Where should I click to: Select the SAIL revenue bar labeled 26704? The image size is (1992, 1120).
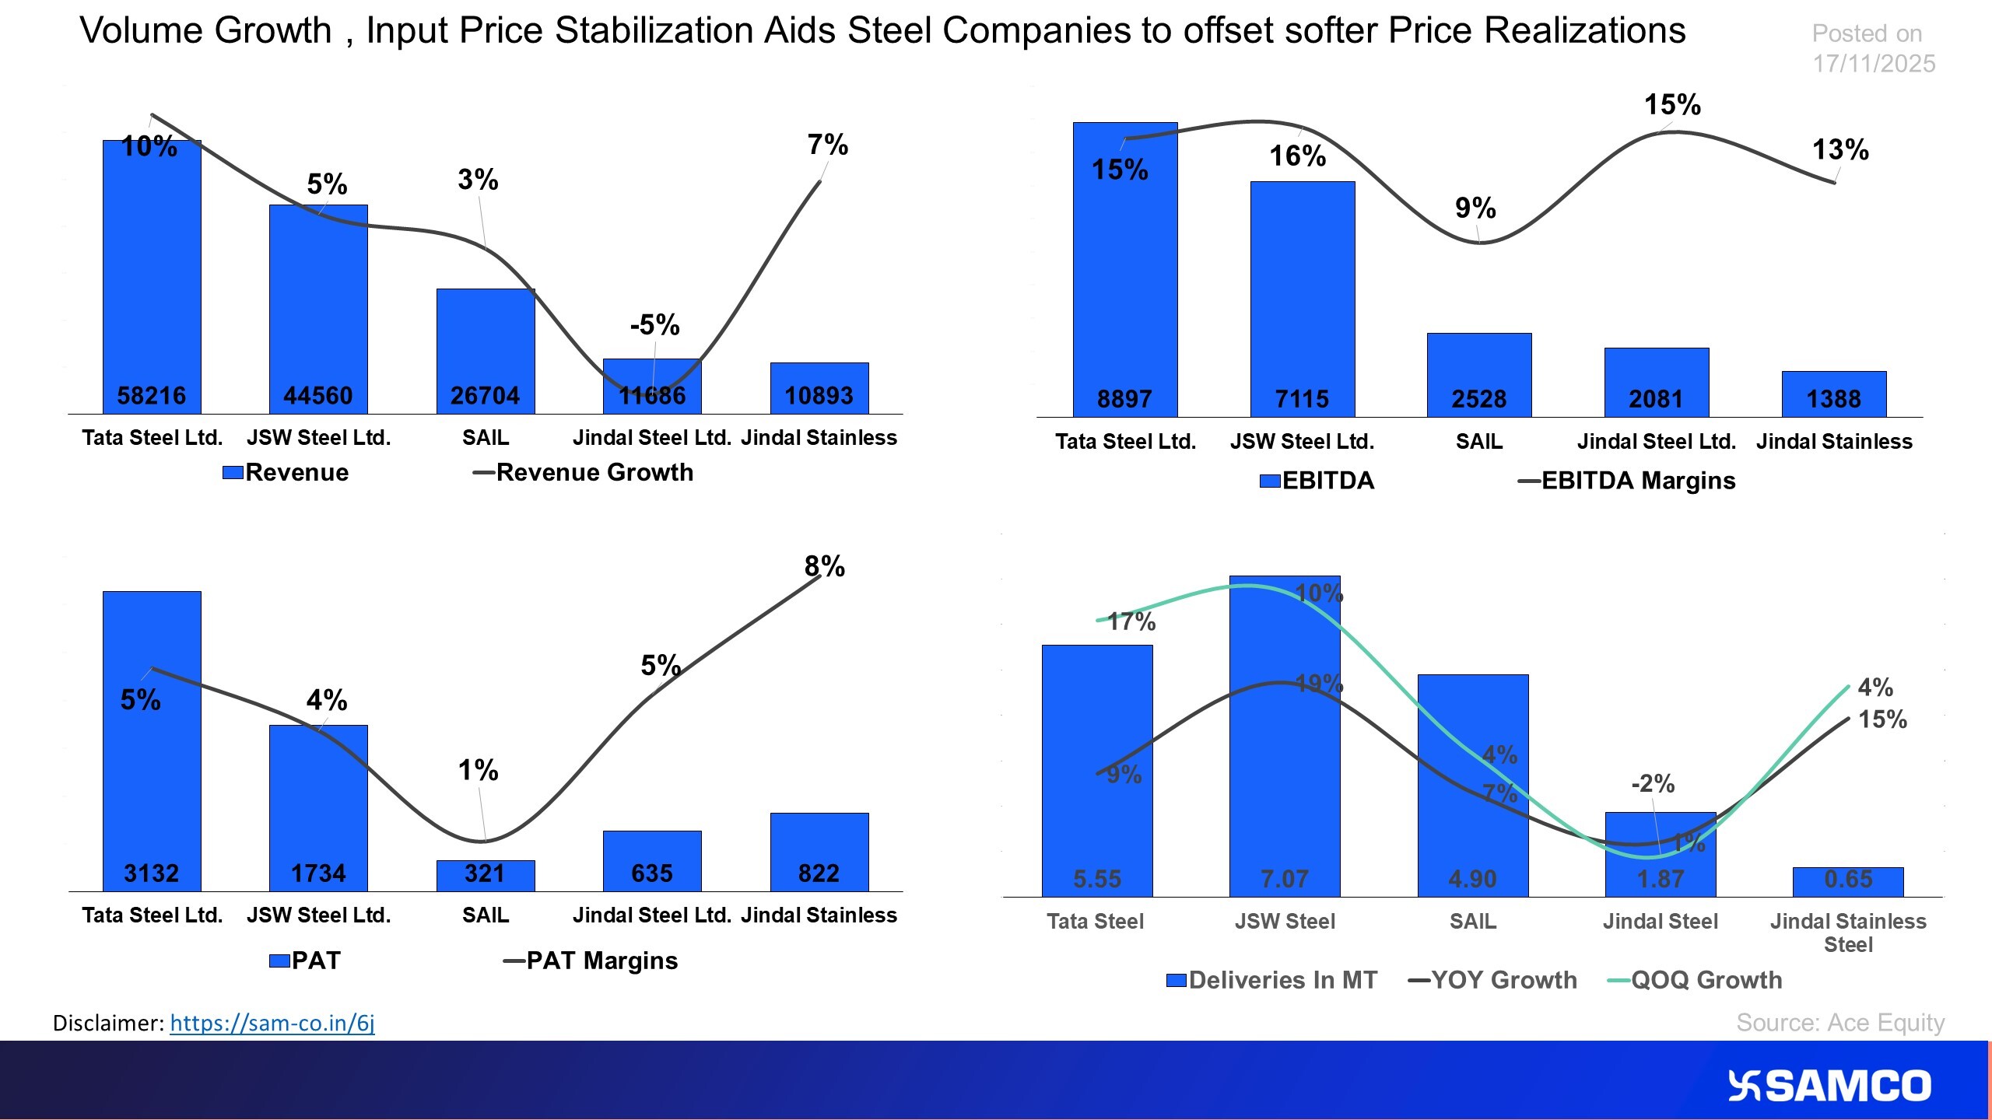tap(485, 350)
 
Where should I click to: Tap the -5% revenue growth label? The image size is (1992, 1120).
tap(654, 324)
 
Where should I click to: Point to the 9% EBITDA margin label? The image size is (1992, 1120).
tap(1475, 208)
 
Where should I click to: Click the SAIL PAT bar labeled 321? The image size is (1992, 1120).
tap(485, 875)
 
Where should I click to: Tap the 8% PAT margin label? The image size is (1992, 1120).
tap(824, 566)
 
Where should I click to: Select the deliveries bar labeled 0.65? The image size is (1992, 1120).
tap(1847, 881)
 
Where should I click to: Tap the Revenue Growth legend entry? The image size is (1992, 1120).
tap(583, 472)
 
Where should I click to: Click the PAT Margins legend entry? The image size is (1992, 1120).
tap(591, 961)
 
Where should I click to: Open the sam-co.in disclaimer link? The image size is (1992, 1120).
tap(272, 1023)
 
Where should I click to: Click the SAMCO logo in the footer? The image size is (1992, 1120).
tap(1829, 1086)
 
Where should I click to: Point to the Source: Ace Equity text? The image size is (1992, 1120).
tap(1839, 1022)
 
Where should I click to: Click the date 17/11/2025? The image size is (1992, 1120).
tap(1873, 64)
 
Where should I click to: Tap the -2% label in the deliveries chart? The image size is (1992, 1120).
tap(1652, 783)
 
